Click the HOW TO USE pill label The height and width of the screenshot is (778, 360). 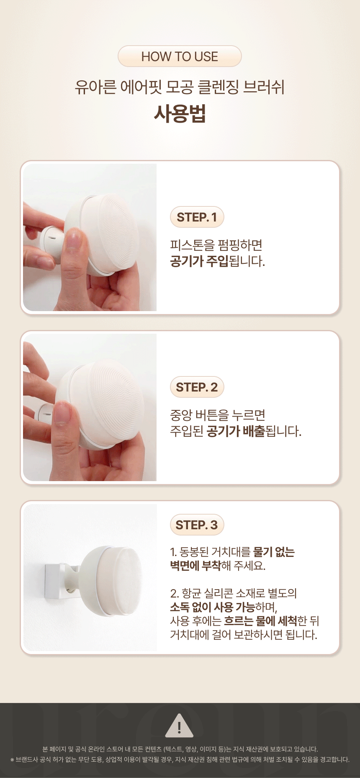[x=180, y=56]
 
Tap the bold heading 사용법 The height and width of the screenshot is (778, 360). [x=180, y=113]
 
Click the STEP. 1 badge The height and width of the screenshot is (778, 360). [x=197, y=217]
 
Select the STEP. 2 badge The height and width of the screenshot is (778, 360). [x=197, y=387]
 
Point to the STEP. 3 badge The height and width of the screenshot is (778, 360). [x=197, y=525]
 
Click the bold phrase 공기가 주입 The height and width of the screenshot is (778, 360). [x=199, y=261]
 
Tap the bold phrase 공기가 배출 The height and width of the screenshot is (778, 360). [x=236, y=431]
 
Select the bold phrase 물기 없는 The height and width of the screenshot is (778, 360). [x=274, y=552]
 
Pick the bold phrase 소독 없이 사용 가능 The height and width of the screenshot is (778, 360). [x=212, y=607]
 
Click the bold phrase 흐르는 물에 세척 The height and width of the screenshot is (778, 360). [x=261, y=621]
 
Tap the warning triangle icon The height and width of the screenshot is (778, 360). [x=179, y=726]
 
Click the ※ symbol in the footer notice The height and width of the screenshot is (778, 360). [x=12, y=760]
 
